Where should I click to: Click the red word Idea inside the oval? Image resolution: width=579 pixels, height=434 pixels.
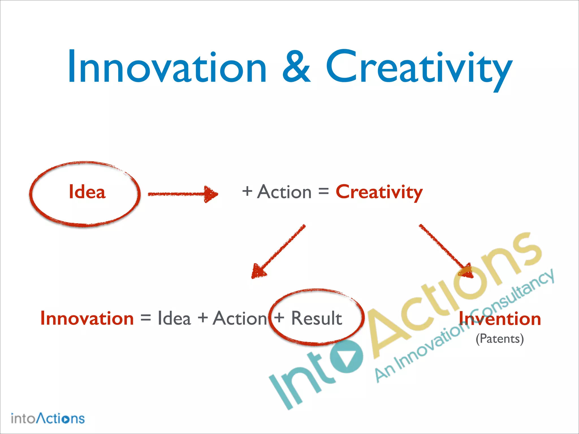87,192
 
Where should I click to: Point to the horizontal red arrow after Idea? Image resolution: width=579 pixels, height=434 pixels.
183,194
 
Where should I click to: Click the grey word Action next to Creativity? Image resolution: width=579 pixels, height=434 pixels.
284,192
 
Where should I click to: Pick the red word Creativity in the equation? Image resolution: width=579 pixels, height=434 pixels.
379,192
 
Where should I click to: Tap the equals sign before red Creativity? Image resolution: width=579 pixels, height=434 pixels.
323,192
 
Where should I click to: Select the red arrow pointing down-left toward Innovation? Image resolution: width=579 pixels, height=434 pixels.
278,251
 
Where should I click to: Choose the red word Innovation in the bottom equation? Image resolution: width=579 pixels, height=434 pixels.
87,318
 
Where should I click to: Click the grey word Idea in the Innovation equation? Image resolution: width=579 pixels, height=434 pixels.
174,318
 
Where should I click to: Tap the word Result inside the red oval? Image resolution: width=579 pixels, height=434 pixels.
317,318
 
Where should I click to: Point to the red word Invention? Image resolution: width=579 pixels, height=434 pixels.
500,319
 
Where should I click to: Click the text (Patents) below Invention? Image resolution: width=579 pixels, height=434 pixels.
500,338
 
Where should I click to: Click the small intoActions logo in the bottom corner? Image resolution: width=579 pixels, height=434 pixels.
47,418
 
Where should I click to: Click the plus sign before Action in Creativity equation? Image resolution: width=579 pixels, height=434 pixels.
247,191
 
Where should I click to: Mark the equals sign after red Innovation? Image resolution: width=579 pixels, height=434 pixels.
146,318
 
